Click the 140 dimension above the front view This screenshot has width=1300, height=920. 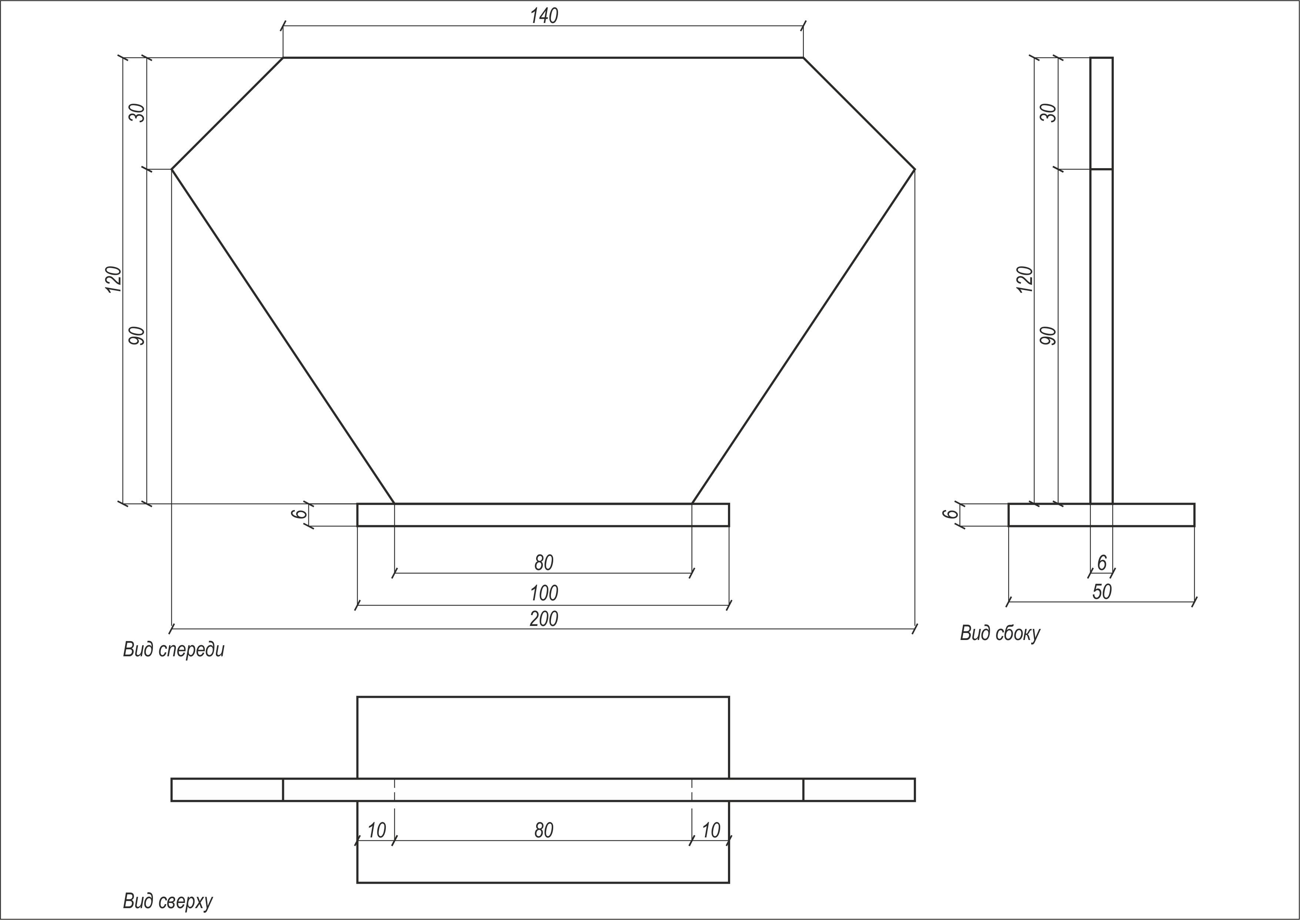544,16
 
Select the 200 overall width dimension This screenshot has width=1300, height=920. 544,619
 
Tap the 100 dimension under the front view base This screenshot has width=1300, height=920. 544,593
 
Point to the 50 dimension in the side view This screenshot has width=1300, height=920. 1102,591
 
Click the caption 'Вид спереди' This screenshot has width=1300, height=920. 174,650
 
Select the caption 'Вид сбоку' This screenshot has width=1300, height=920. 1000,633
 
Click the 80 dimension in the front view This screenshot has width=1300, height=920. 544,563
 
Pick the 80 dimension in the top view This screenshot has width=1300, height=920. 544,830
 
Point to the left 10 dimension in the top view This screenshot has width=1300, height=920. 377,830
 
